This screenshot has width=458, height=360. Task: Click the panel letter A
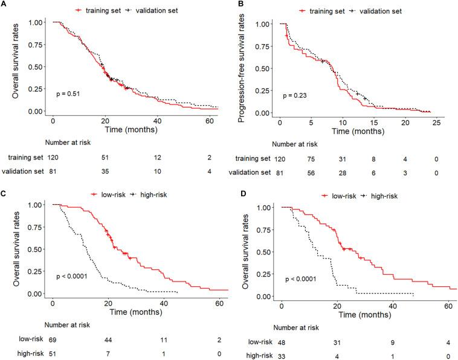coord(4,5)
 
